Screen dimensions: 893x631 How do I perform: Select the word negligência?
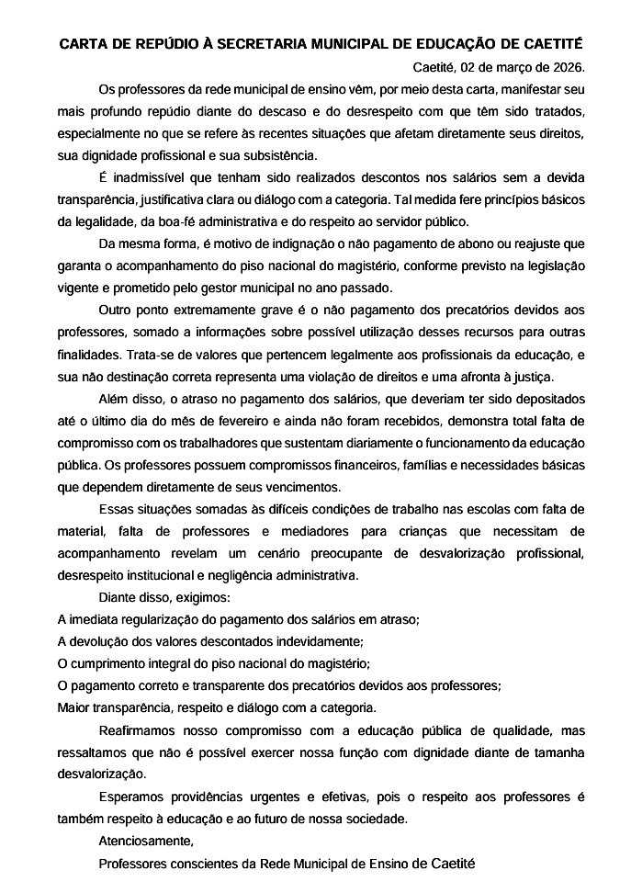(231, 574)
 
